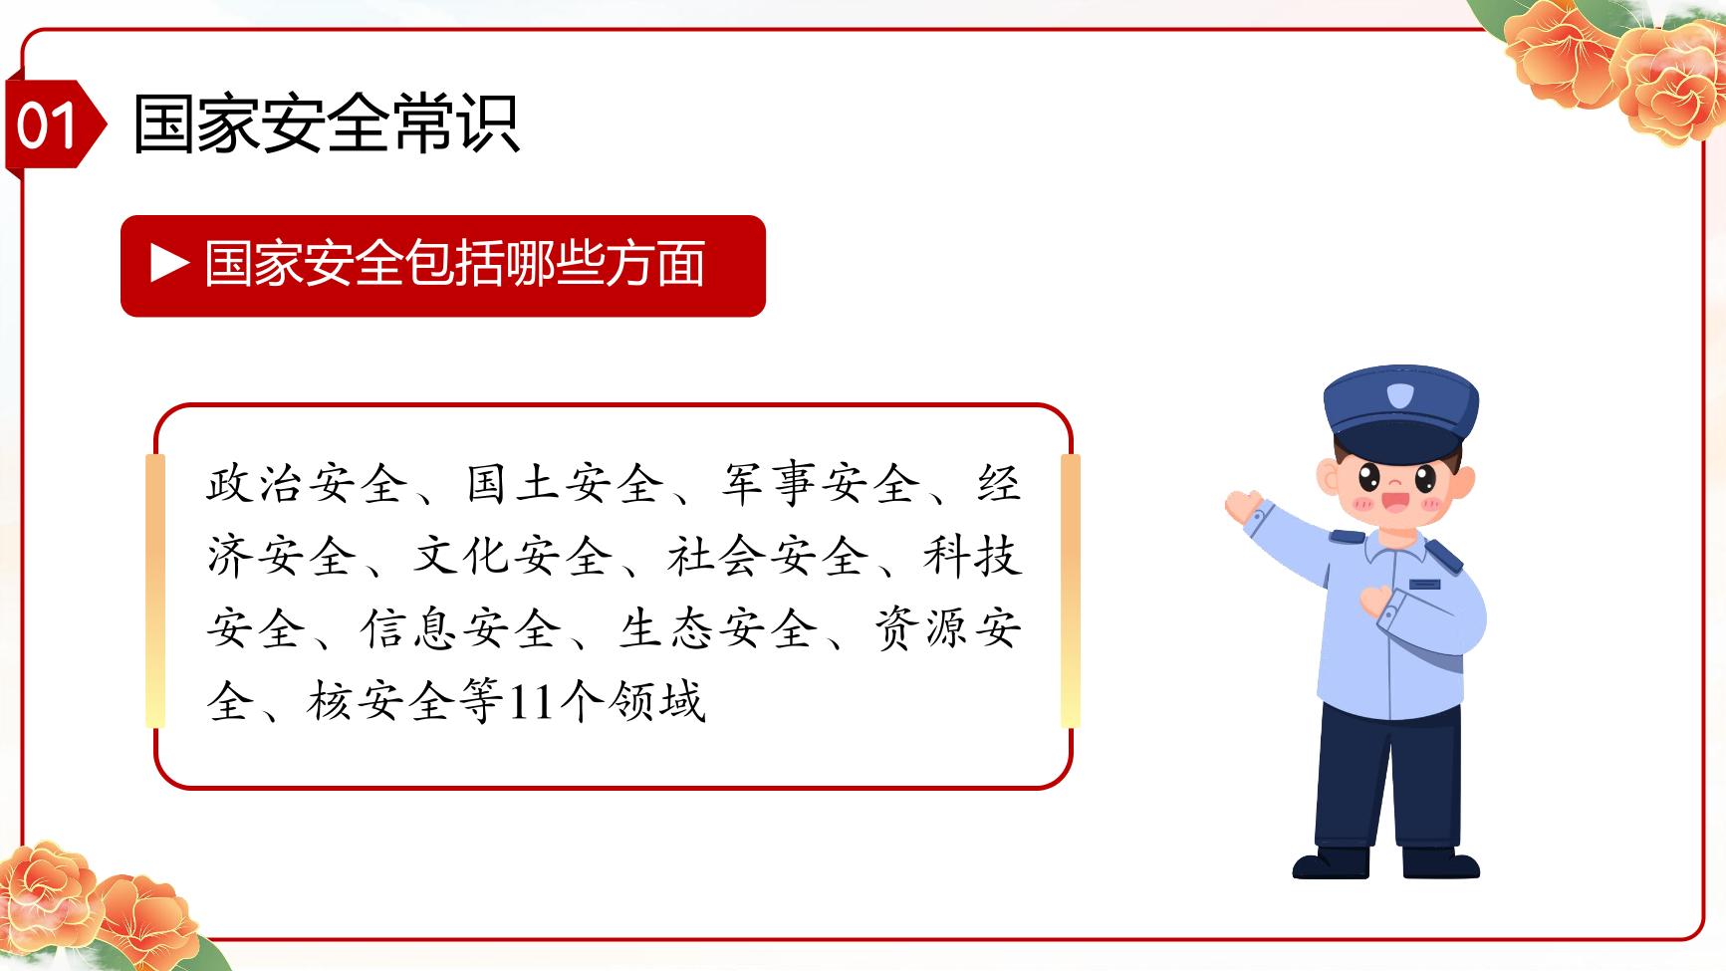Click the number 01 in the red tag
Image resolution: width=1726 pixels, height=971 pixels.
tap(46, 126)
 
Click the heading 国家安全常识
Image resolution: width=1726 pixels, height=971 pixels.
tap(326, 125)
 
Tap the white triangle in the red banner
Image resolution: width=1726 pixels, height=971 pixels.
tap(169, 264)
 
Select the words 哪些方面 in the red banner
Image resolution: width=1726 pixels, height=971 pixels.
tap(606, 264)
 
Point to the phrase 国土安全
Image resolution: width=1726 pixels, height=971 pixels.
tap(565, 484)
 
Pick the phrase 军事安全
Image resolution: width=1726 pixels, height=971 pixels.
tap(822, 484)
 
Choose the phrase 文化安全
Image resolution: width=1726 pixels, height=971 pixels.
tap(513, 556)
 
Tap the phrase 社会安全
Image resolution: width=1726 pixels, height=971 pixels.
tap(768, 556)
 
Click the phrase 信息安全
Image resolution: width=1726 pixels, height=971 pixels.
tap(460, 628)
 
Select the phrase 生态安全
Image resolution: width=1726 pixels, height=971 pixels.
tap(716, 628)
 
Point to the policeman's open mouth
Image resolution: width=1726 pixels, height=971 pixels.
tap(1396, 500)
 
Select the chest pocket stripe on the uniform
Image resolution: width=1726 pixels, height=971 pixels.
tap(1425, 584)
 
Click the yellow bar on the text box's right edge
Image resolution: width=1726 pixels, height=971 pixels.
tap(1071, 591)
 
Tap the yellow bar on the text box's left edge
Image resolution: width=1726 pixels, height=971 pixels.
tap(155, 591)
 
